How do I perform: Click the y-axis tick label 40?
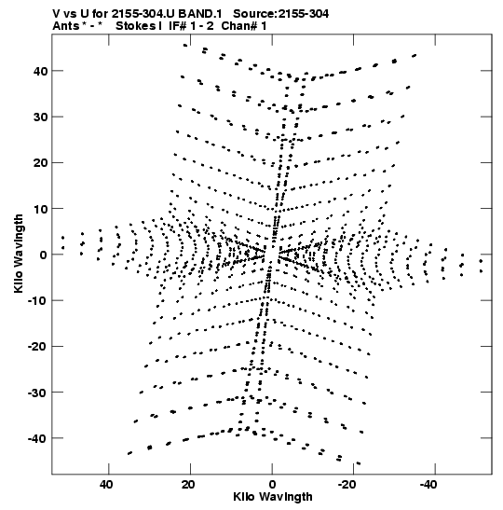pyautogui.click(x=40, y=71)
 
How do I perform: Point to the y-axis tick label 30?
pyautogui.click(x=40, y=117)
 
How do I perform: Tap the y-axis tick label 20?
pyautogui.click(x=40, y=162)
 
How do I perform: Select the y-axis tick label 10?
pyautogui.click(x=40, y=209)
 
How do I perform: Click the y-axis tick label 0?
pyautogui.click(x=44, y=255)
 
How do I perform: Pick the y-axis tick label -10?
pyautogui.click(x=37, y=300)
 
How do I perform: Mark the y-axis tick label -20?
pyautogui.click(x=37, y=347)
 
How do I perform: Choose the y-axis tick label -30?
pyautogui.click(x=37, y=393)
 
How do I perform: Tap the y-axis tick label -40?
pyautogui.click(x=37, y=438)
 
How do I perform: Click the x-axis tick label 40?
pyautogui.click(x=106, y=485)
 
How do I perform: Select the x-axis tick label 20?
pyautogui.click(x=188, y=485)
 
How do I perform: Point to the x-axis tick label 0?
pyautogui.click(x=272, y=485)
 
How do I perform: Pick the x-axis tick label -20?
pyautogui.click(x=347, y=485)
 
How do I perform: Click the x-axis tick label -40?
pyautogui.click(x=428, y=485)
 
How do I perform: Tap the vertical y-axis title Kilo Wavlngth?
pyautogui.click(x=19, y=254)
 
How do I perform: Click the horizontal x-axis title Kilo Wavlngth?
pyautogui.click(x=273, y=497)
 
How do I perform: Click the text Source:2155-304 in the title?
pyautogui.click(x=281, y=14)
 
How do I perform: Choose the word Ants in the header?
pyautogui.click(x=65, y=26)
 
